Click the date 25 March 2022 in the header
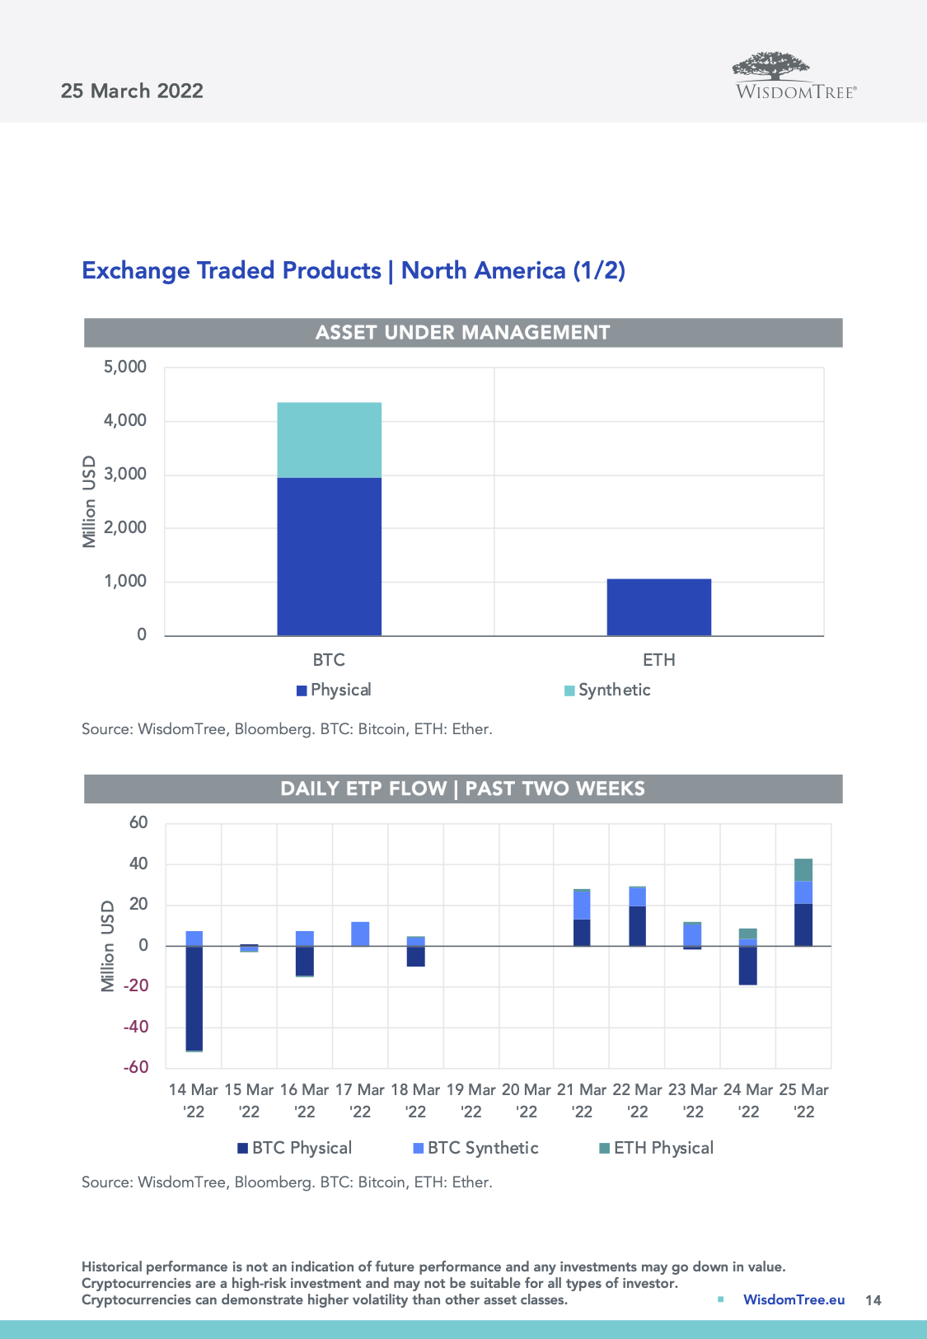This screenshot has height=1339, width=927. (x=132, y=91)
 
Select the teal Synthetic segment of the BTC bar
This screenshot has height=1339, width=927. (x=329, y=440)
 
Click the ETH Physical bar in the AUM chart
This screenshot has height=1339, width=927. (x=658, y=607)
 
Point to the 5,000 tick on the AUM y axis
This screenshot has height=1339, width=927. (x=125, y=368)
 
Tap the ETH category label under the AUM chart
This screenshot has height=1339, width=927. (x=658, y=660)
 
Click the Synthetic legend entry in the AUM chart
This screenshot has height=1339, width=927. (x=607, y=691)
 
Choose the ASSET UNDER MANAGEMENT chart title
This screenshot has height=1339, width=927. (x=462, y=333)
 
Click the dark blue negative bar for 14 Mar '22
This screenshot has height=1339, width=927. (x=194, y=998)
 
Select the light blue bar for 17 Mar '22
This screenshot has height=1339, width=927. (x=360, y=934)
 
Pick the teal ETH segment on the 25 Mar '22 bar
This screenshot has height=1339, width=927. (x=803, y=870)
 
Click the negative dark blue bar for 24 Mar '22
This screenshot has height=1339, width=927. (x=748, y=965)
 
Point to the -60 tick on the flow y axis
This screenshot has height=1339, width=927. (x=136, y=1068)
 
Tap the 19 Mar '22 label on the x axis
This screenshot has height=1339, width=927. (x=471, y=1101)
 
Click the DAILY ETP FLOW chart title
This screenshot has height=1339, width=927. (x=462, y=789)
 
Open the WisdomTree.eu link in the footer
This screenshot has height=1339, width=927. (x=794, y=1300)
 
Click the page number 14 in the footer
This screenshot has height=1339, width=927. (x=873, y=1300)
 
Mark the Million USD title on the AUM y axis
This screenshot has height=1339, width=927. (x=89, y=501)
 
